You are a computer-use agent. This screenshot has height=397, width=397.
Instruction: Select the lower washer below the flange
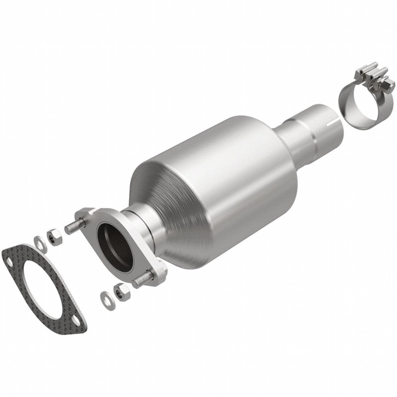[105, 297]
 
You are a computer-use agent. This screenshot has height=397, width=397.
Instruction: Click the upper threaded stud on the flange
[74, 226]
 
